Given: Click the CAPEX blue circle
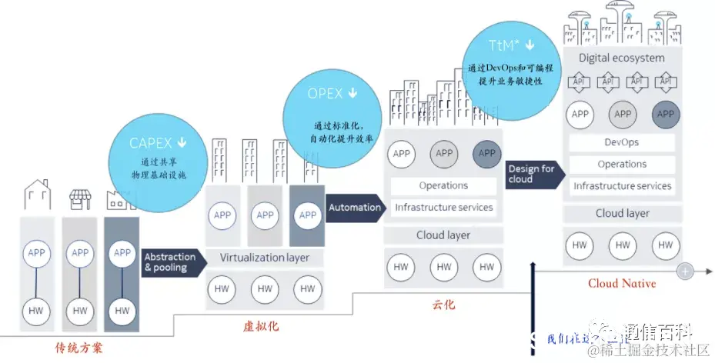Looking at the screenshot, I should [158, 157].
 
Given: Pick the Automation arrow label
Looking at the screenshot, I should [356, 207].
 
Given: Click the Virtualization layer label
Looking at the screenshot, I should [264, 258].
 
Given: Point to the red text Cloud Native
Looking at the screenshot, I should [622, 284].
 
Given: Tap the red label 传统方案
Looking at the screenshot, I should [79, 348].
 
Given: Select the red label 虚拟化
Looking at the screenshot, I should [260, 327].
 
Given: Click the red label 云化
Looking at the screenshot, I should [443, 305].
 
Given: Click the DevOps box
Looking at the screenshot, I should [622, 142].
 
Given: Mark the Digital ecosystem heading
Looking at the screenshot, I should [622, 58].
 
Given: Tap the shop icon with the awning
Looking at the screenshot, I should [80, 199].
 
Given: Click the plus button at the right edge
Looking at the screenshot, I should [685, 271].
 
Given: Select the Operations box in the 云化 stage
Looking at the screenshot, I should [443, 185].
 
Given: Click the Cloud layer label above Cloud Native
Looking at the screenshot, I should [622, 214].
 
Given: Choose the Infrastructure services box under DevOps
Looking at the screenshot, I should [622, 185].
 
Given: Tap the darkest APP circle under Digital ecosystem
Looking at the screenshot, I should [666, 115].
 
